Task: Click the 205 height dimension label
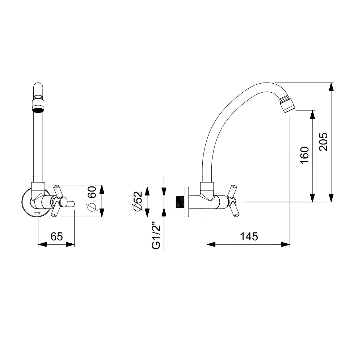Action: tap(323, 142)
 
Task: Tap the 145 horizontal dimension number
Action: tap(249, 236)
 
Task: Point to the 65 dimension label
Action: tap(56, 236)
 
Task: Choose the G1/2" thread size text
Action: tap(156, 235)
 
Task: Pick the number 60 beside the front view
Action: tap(92, 192)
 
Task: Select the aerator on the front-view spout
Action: tap(38, 105)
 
